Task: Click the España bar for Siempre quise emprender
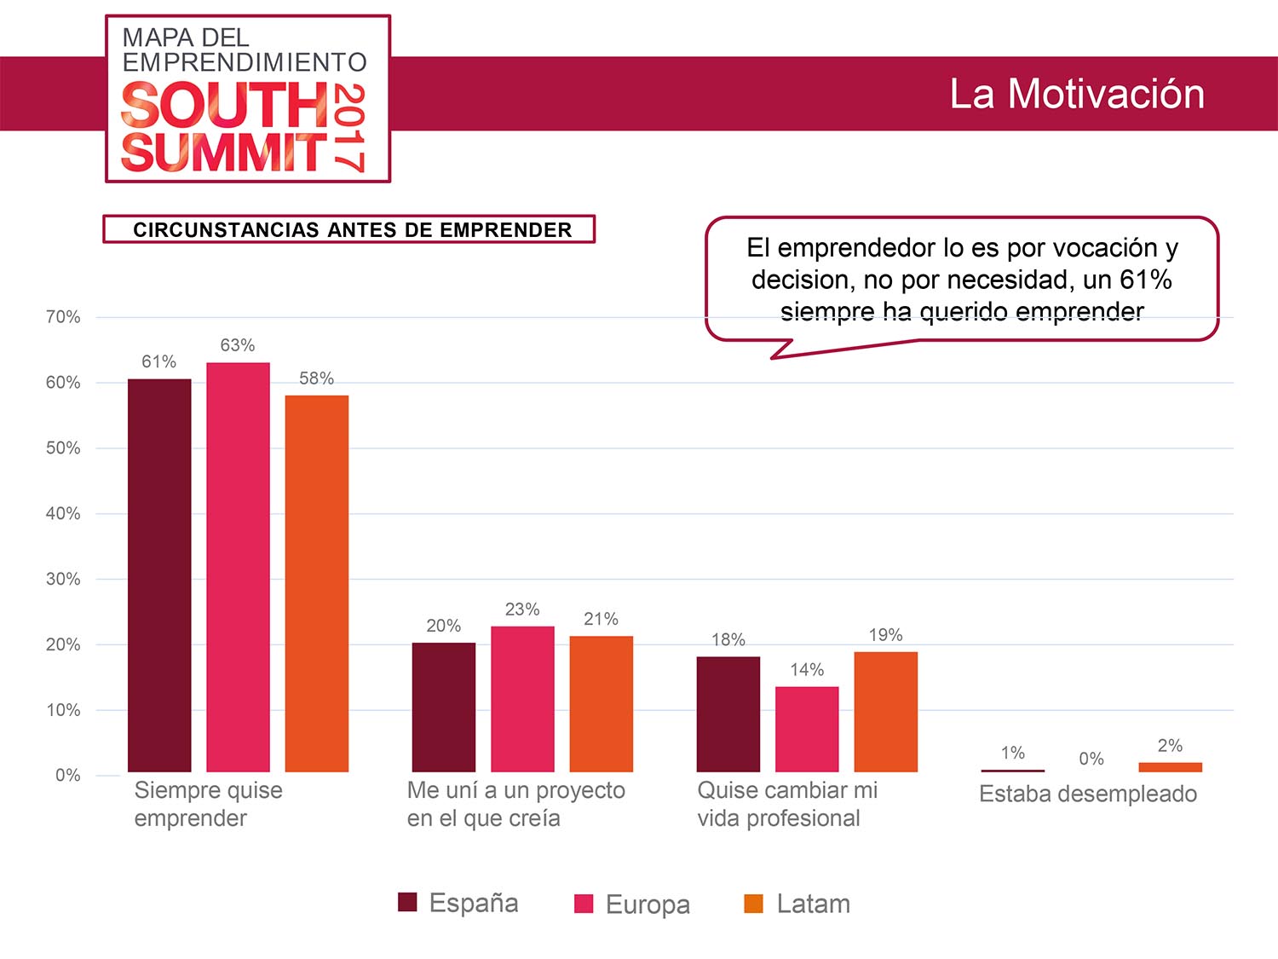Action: pos(159,575)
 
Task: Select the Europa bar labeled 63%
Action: pos(238,567)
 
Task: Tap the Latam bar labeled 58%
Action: pos(317,583)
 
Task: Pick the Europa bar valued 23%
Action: pos(522,699)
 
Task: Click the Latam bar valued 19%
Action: pos(886,712)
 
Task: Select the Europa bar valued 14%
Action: pos(807,729)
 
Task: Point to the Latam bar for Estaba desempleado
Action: pos(1170,767)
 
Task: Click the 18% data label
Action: pos(728,639)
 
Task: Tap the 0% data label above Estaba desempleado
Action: pos(1091,759)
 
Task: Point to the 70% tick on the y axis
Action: pos(63,317)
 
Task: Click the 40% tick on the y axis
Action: pos(63,513)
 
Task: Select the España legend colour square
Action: pos(408,903)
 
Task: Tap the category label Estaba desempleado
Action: pos(1088,794)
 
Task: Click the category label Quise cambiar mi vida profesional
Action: pos(787,804)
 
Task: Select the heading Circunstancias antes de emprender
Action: pos(349,229)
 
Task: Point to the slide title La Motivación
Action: pos(1077,94)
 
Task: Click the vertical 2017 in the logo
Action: pos(349,128)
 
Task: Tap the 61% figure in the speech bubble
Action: pos(1146,280)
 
